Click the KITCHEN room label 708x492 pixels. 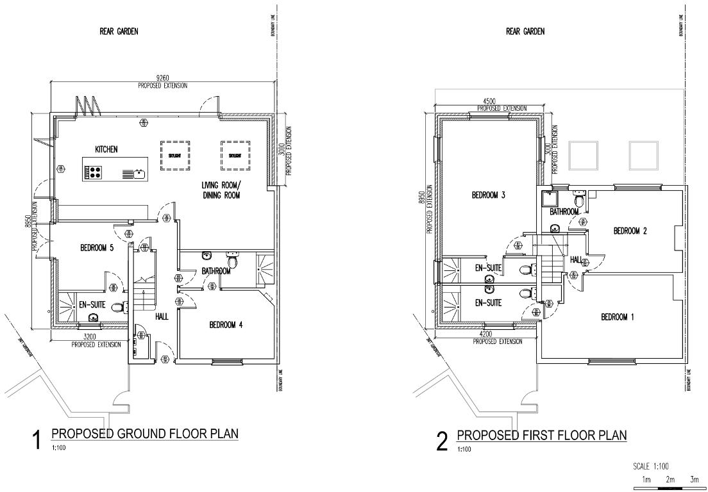[106, 149]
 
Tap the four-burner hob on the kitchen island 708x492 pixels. [94, 172]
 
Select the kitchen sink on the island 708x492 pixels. [139, 173]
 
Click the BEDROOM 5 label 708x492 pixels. [97, 249]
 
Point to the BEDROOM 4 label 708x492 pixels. [226, 325]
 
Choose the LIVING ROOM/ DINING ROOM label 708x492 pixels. [221, 190]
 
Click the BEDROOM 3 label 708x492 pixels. [489, 195]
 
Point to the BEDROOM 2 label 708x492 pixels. [630, 231]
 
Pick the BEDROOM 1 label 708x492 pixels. [616, 317]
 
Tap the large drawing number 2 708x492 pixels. [442, 441]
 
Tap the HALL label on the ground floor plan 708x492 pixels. [162, 316]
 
